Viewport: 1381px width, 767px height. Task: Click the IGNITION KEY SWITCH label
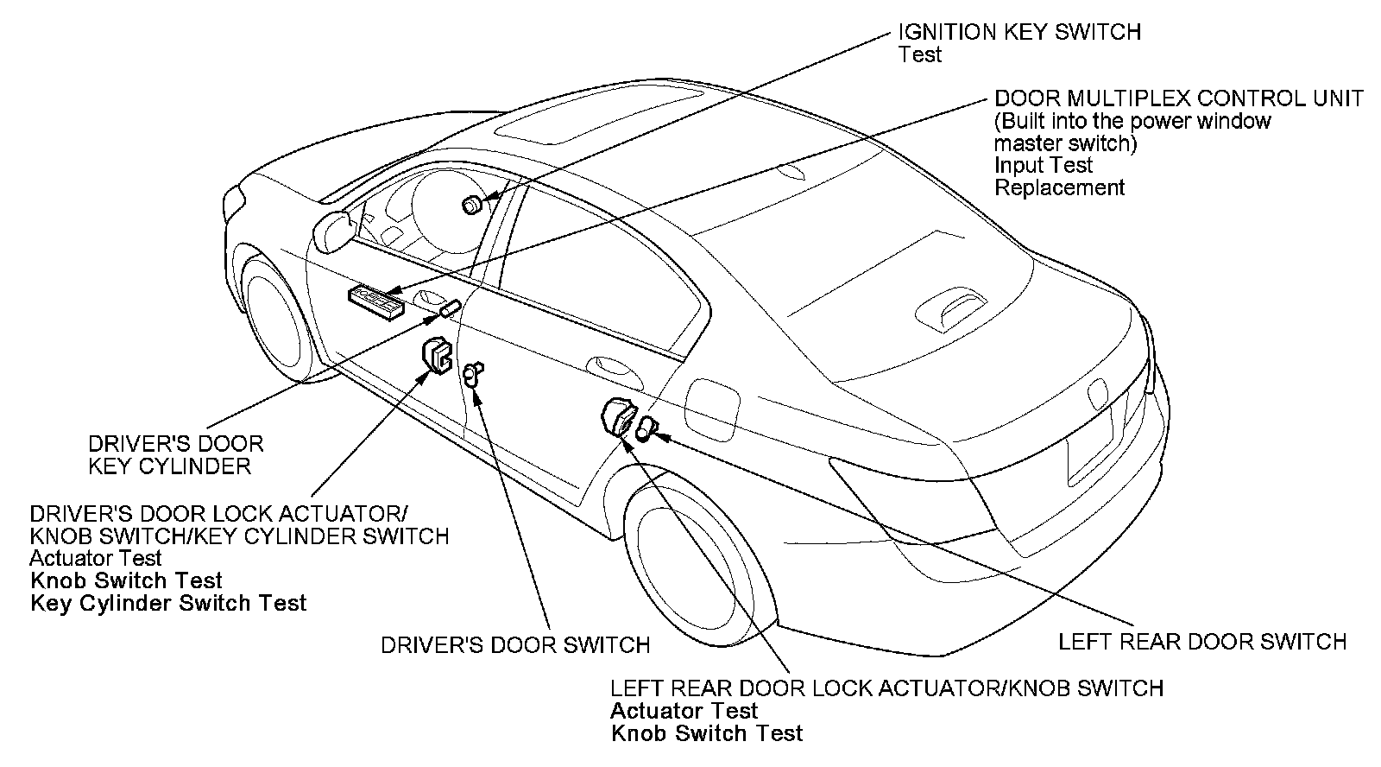[1019, 32]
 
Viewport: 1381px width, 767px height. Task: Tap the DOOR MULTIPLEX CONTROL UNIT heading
[1178, 98]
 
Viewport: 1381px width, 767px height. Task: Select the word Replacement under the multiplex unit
[1059, 187]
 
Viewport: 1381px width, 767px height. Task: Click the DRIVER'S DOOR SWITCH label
[515, 644]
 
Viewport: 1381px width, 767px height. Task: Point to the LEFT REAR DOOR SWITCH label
[1201, 642]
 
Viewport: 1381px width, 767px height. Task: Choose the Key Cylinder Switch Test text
[168, 603]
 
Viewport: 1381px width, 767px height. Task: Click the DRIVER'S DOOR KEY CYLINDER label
[175, 454]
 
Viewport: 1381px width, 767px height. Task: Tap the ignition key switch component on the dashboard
[471, 205]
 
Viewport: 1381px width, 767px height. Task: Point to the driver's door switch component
[471, 374]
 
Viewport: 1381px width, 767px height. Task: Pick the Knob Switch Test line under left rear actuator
[706, 733]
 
